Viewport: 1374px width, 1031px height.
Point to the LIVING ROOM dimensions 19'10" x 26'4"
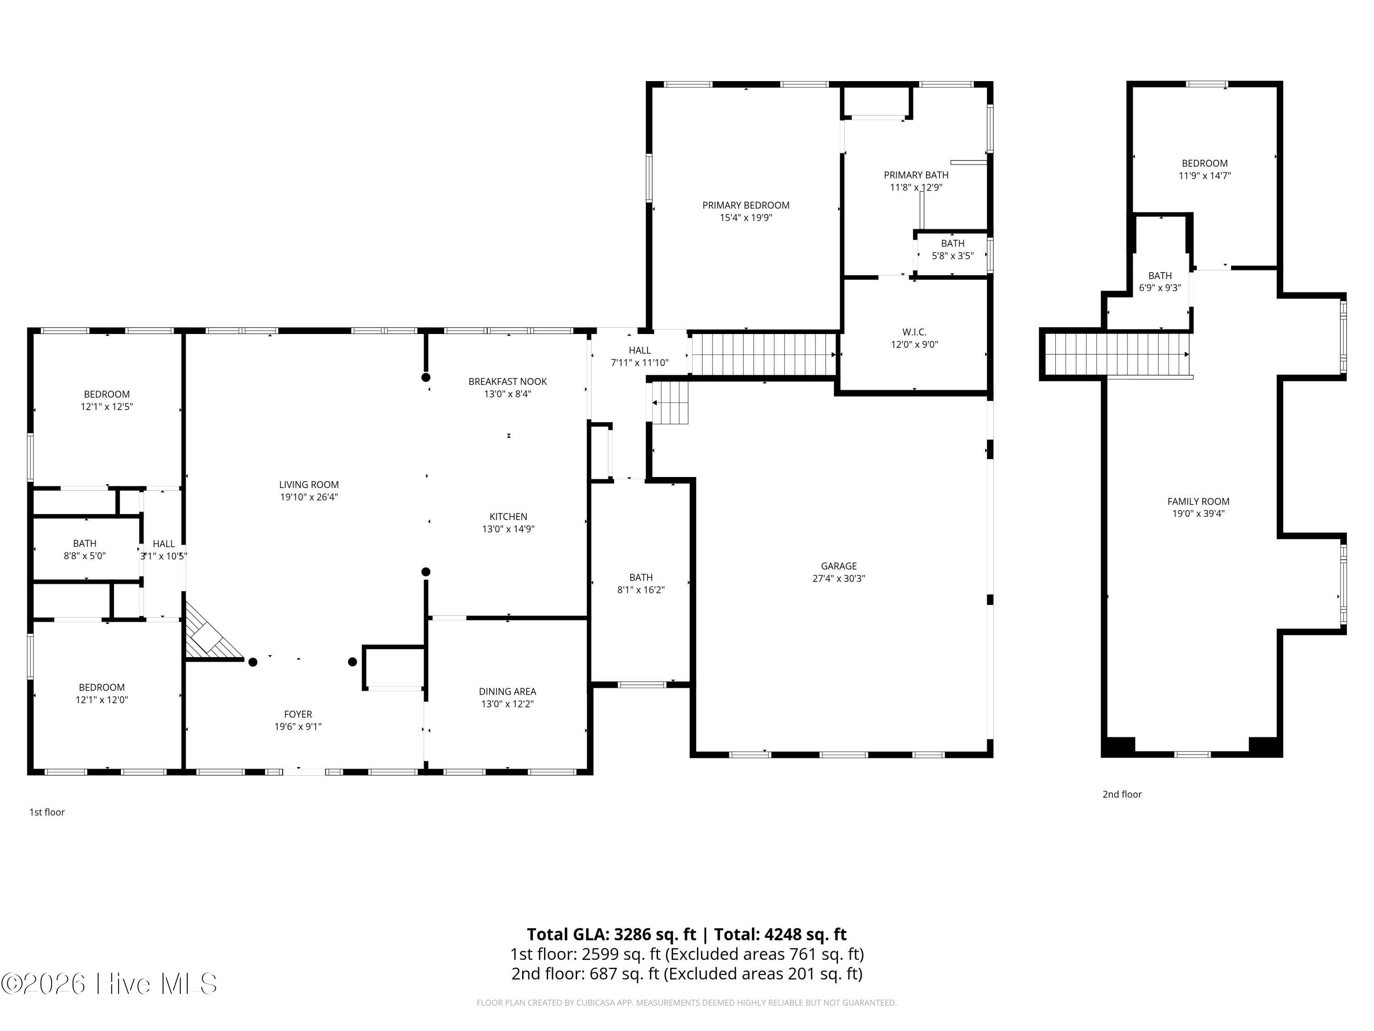coord(309,497)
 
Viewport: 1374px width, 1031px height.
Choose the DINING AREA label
coord(507,691)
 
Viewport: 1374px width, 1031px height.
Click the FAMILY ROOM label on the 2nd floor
coord(1198,501)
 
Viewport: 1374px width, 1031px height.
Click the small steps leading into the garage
coord(670,403)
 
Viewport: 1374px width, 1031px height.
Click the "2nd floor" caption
coord(1122,794)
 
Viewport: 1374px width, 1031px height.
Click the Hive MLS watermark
coord(109,984)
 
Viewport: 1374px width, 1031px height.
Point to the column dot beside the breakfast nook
coord(426,377)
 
